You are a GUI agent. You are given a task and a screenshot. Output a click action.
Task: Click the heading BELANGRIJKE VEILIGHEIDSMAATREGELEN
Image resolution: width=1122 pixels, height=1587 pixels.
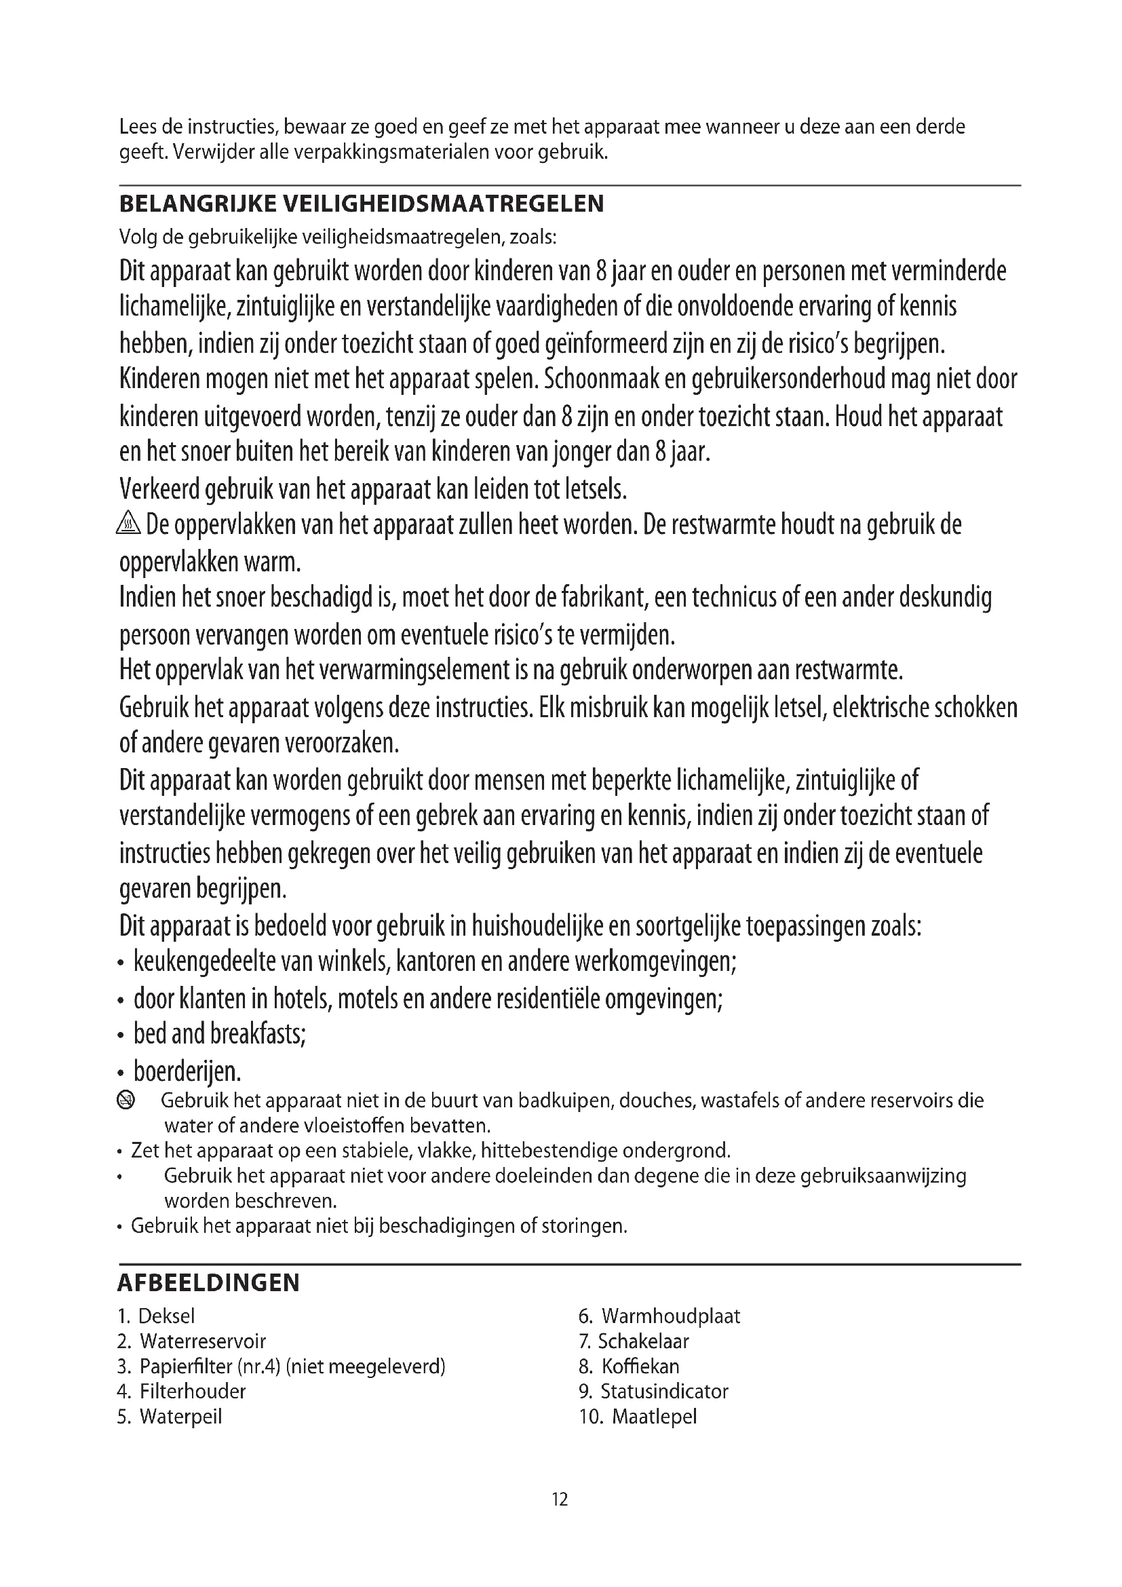coord(362,204)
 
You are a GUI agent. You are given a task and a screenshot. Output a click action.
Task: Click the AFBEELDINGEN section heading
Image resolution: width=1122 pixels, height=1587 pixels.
coord(209,1283)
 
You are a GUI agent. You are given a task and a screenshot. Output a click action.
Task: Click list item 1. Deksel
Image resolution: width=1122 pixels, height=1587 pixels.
coord(156,1316)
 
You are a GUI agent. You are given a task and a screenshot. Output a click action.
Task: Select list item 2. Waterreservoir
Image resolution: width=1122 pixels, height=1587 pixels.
coord(191,1341)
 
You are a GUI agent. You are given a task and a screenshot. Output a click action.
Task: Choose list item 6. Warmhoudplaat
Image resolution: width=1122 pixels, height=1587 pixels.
coord(659,1316)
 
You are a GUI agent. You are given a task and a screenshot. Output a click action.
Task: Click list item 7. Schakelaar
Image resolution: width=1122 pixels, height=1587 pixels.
coord(634,1341)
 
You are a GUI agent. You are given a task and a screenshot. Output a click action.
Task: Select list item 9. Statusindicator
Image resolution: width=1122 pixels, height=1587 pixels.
coord(653,1391)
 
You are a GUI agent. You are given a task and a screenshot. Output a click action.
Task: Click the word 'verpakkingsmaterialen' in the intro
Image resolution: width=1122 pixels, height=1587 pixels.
coord(391,152)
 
